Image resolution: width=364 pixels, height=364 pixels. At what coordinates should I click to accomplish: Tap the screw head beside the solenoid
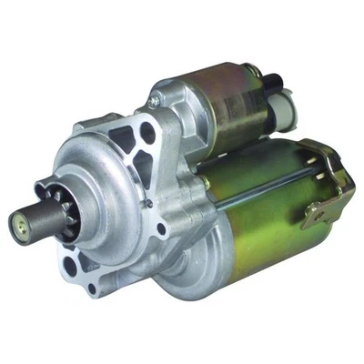(x=157, y=94)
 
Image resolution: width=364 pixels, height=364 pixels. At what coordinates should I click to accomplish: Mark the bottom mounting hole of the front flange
(x=92, y=289)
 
